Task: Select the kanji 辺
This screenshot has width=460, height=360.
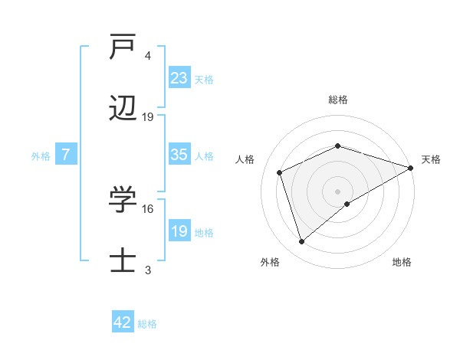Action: (123, 110)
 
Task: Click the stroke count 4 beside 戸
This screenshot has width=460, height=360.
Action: (148, 56)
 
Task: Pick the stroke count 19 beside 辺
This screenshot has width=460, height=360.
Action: (148, 117)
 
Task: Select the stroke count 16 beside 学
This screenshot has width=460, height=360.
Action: (148, 208)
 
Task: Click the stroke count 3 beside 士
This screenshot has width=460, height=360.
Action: (148, 270)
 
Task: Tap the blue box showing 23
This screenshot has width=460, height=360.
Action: (179, 77)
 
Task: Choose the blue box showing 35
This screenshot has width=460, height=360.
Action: (179, 155)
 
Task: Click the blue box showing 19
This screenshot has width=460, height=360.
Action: (179, 231)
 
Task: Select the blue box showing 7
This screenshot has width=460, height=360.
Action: (66, 155)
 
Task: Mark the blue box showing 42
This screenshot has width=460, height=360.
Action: (123, 322)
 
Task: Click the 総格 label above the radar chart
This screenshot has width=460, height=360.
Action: (337, 100)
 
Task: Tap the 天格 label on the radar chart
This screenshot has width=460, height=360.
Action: (431, 159)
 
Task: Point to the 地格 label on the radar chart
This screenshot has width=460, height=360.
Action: (402, 262)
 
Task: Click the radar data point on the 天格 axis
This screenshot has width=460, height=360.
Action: (411, 167)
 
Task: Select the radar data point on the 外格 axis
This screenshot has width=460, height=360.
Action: (301, 242)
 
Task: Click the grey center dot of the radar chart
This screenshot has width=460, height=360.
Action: (337, 191)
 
